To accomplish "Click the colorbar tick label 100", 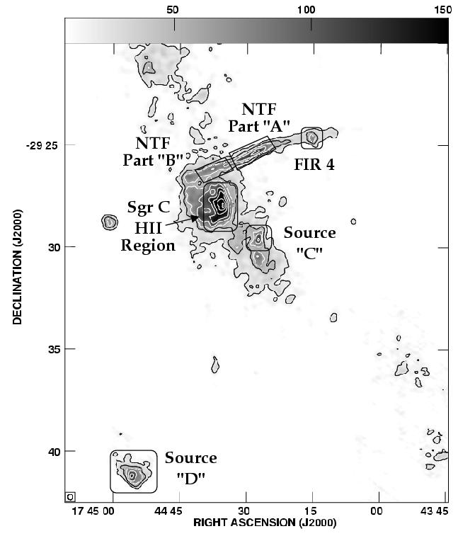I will tap(306, 10).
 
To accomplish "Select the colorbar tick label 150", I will tap(441, 10).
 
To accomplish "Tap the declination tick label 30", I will tap(54, 247).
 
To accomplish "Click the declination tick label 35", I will tap(54, 349).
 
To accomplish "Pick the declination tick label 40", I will tap(54, 451).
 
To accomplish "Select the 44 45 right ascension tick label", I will tap(167, 511).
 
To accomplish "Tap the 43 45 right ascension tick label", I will tap(435, 511).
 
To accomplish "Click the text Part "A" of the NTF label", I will tap(258, 126).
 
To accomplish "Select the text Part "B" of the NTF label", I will tap(153, 159).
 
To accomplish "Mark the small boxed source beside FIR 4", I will tap(311, 138).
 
